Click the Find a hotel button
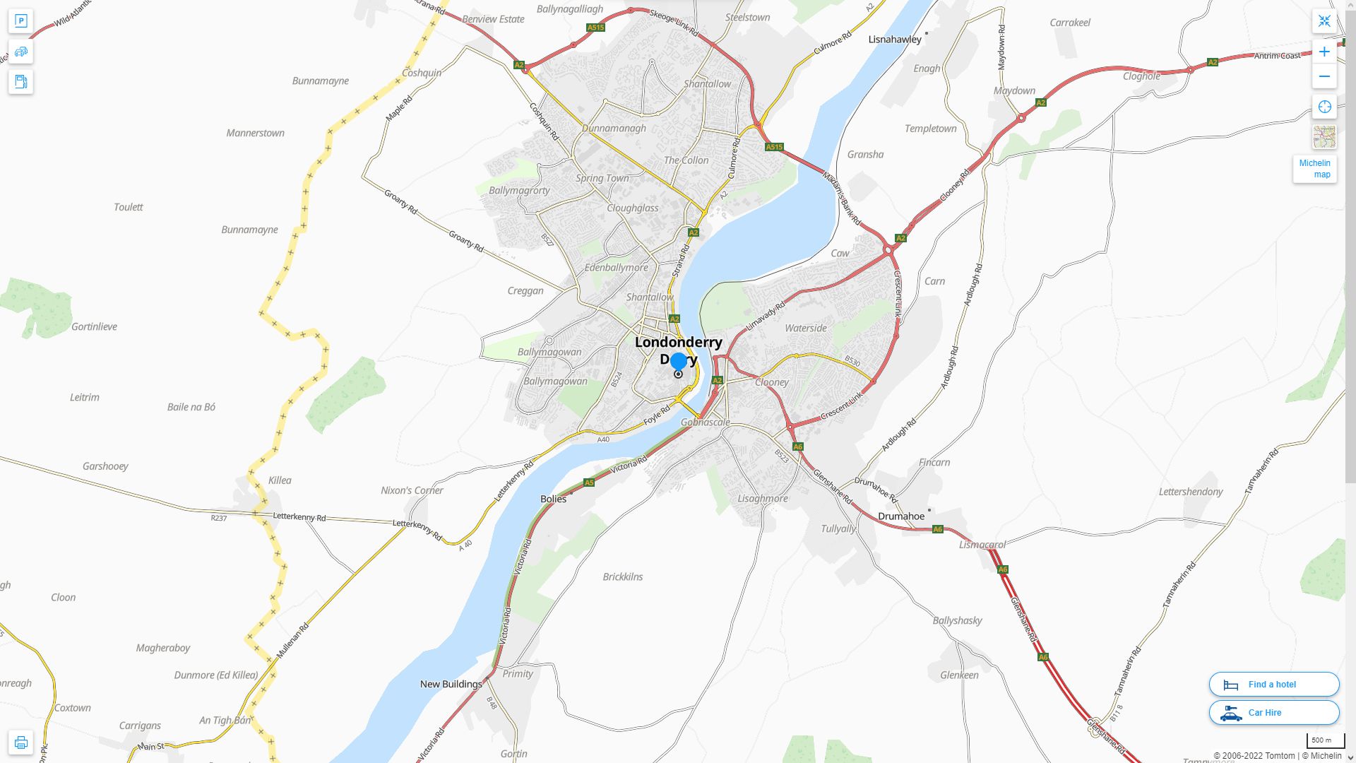(1273, 684)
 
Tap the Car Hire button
(1273, 712)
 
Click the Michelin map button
(1314, 169)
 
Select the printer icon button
(20, 743)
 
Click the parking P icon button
(20, 21)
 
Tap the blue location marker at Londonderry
(678, 362)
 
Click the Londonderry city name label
(678, 343)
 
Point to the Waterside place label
(806, 328)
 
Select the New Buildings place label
(451, 684)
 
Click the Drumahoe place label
(901, 516)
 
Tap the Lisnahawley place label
(895, 40)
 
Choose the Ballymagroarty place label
(519, 190)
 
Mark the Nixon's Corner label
(412, 490)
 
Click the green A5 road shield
(589, 483)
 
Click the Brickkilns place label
(623, 576)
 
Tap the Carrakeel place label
(1070, 23)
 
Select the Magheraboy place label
(163, 648)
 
